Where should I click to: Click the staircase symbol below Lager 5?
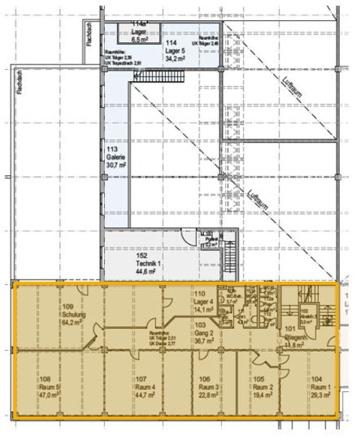[x=160, y=76]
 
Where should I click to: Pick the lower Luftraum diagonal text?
[x=256, y=200]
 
